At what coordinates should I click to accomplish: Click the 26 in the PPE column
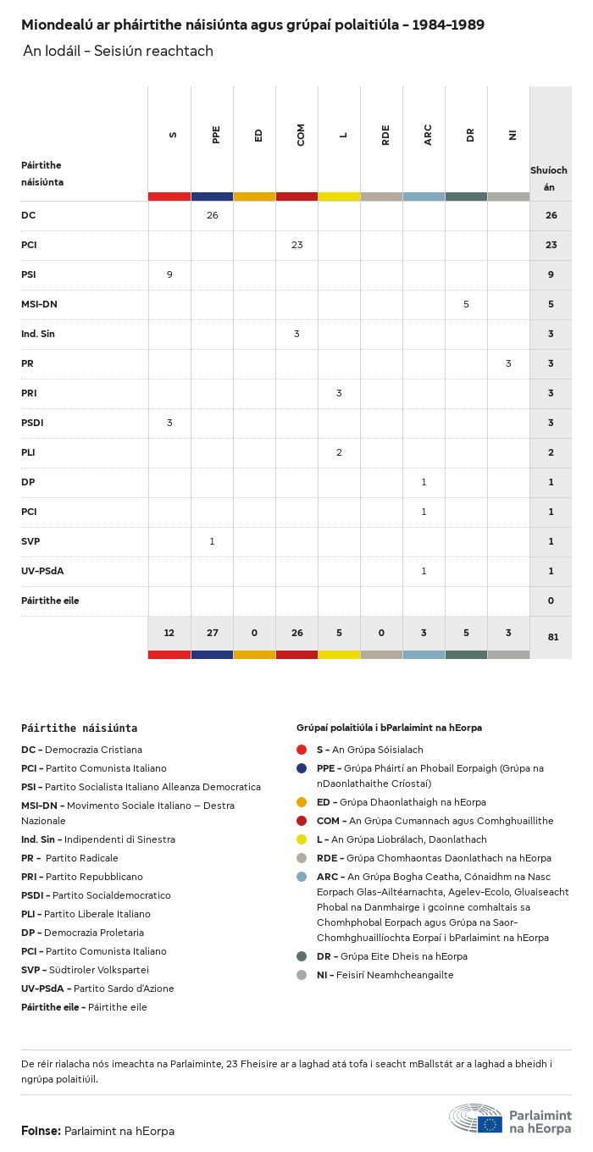click(212, 215)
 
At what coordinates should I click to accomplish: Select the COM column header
click(301, 135)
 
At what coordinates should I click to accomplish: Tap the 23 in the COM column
click(296, 245)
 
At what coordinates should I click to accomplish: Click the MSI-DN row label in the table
click(39, 304)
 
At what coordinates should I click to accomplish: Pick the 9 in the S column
click(169, 274)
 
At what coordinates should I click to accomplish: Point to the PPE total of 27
click(212, 634)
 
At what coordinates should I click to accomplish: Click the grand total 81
click(552, 636)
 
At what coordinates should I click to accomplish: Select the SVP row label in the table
click(30, 541)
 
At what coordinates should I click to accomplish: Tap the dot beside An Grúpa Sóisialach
click(302, 750)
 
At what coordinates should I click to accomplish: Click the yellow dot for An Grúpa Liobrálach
click(302, 839)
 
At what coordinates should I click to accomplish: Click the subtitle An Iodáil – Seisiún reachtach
click(118, 52)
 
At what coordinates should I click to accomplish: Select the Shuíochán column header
click(549, 178)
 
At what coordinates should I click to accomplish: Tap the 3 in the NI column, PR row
click(508, 363)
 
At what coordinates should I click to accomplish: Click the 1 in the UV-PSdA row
click(424, 571)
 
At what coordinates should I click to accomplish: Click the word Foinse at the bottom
click(40, 1131)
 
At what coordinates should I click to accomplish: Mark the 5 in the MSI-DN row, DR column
click(466, 304)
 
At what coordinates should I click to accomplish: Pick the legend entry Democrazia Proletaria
click(93, 933)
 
